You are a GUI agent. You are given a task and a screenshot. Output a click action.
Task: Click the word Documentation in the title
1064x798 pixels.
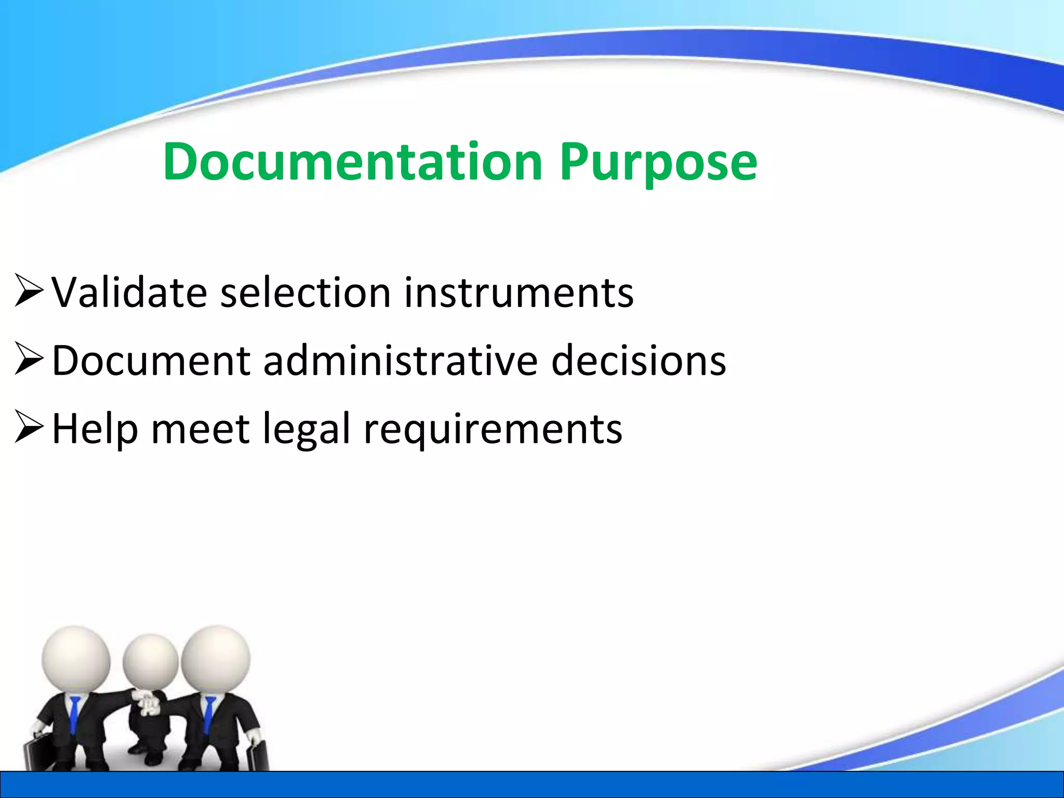[x=353, y=162]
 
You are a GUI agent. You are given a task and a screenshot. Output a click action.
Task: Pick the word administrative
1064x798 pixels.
[x=401, y=361]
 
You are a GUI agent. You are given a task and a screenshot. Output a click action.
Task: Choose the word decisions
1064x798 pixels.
[x=639, y=361]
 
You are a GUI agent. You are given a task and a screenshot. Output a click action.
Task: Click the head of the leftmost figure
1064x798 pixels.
[x=76, y=658]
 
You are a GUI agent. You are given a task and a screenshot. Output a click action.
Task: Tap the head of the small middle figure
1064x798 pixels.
[x=150, y=662]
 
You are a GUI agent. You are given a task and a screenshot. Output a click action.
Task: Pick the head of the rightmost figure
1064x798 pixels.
[x=215, y=658]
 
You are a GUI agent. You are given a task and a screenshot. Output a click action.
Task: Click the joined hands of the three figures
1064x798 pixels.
[x=149, y=702]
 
